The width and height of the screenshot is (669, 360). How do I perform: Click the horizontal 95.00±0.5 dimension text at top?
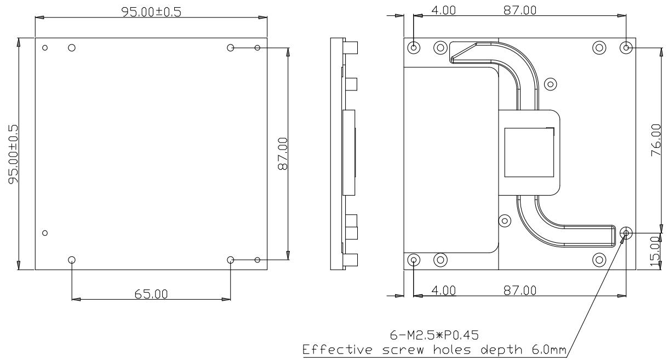point(151,12)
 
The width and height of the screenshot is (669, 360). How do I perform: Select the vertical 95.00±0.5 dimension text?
point(13,154)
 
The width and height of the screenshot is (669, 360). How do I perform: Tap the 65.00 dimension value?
point(151,294)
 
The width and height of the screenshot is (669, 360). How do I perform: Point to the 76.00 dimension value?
point(656,140)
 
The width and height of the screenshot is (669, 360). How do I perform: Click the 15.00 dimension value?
point(655,252)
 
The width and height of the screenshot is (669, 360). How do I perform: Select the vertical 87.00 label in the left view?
point(283,153)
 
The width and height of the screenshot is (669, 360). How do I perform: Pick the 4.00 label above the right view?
point(444,10)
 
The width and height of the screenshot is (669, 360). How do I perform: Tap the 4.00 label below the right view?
point(444,290)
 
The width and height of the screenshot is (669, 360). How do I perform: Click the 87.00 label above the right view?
point(520,10)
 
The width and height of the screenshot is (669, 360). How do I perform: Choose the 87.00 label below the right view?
point(520,290)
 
